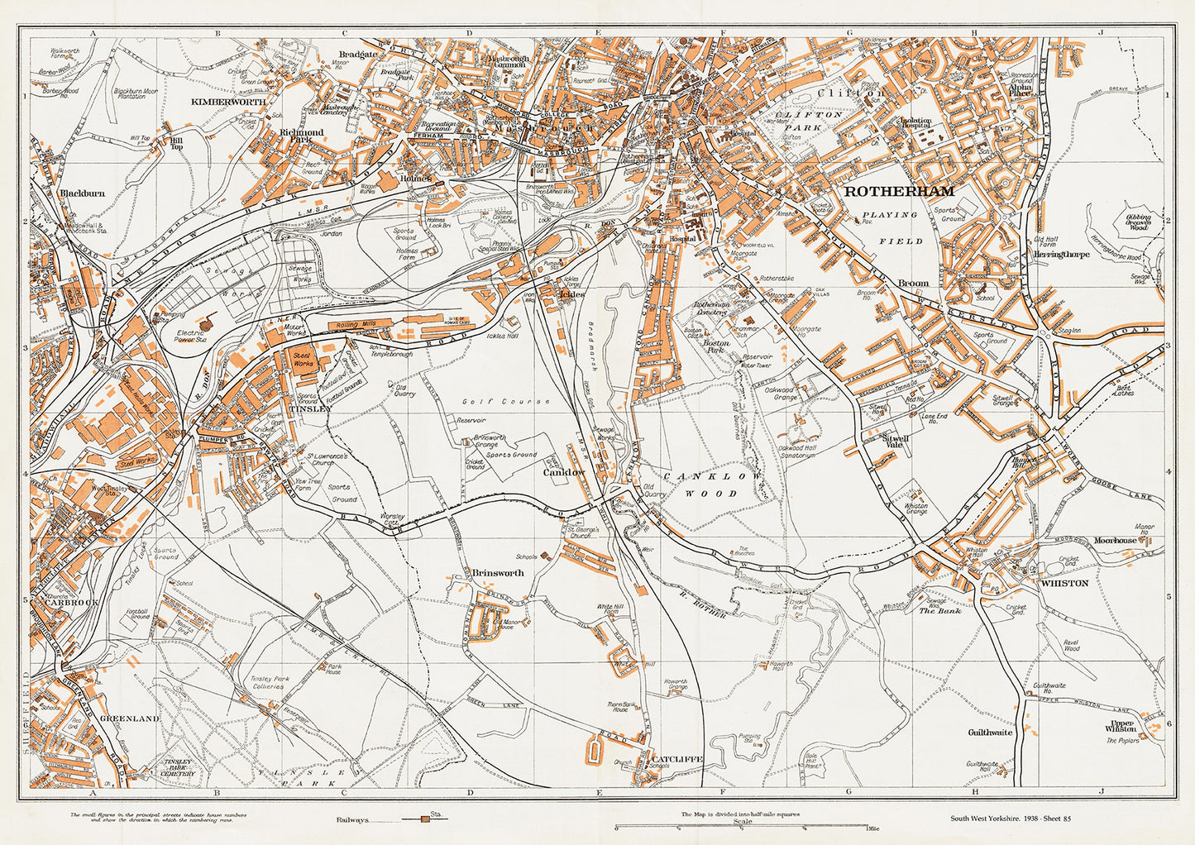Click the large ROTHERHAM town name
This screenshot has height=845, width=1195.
click(x=898, y=191)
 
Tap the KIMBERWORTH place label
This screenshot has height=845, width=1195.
click(x=228, y=101)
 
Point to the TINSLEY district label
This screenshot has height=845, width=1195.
click(x=310, y=408)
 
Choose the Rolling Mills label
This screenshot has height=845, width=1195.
click(x=357, y=325)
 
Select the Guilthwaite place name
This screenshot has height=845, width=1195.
click(x=990, y=732)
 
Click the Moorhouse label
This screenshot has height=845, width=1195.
click(x=1116, y=540)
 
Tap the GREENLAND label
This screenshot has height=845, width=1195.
click(x=129, y=719)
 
